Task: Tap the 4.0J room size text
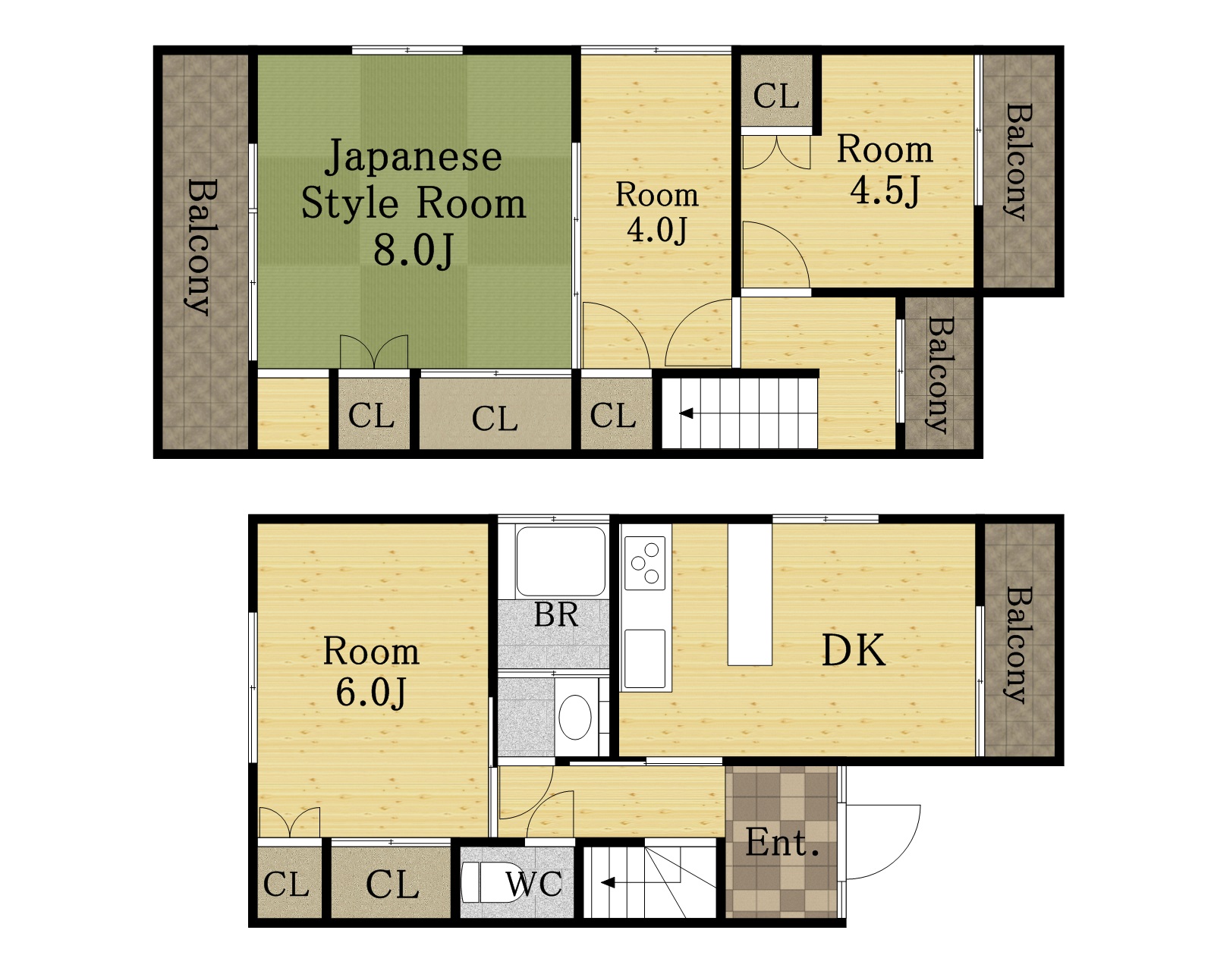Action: click(657, 230)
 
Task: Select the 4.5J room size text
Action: click(885, 190)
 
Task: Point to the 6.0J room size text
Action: click(370, 693)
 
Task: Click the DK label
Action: click(853, 651)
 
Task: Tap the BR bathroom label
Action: click(556, 615)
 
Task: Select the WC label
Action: click(533, 884)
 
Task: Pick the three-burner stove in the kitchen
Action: click(645, 563)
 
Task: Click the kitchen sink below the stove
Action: click(645, 658)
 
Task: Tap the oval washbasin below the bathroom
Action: click(575, 717)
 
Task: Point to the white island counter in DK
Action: click(750, 595)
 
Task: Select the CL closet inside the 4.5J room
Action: click(776, 90)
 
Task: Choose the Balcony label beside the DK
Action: click(1018, 645)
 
